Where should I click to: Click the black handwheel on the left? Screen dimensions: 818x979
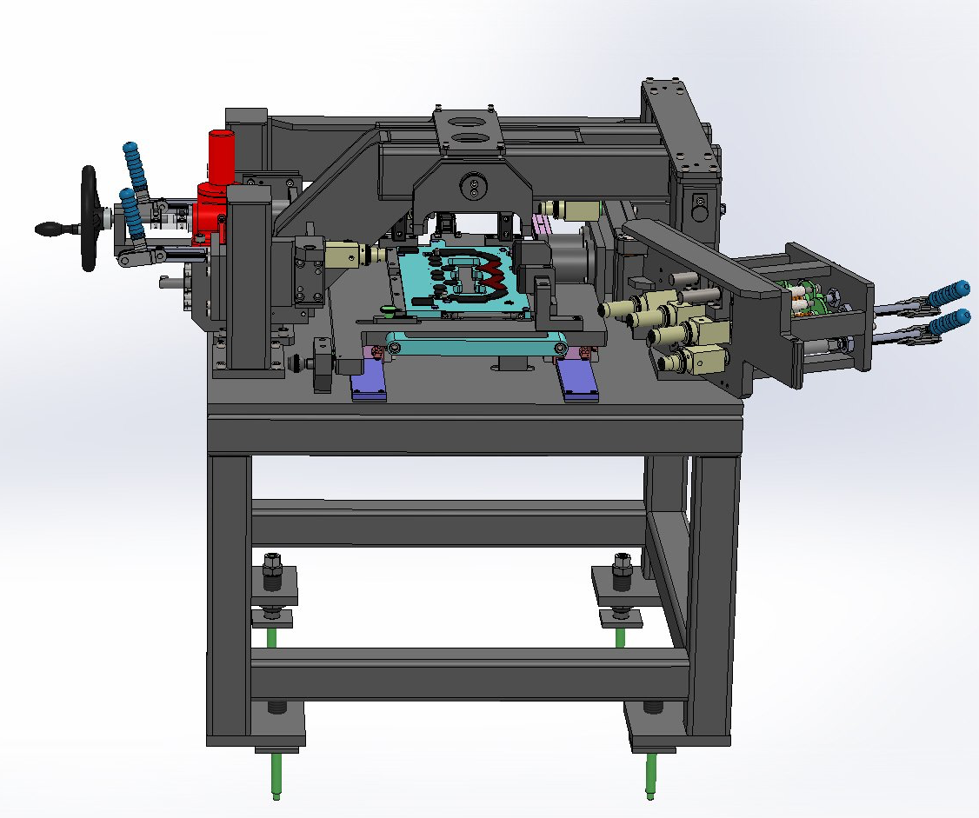89,217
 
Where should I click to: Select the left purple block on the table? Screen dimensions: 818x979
369,381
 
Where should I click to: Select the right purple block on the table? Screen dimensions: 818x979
577,381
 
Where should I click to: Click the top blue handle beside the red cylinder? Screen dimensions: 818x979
135,161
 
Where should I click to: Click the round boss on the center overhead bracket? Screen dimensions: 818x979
473,185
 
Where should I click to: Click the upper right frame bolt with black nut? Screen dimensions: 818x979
621,571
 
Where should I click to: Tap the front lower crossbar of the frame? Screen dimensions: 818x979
470,674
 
